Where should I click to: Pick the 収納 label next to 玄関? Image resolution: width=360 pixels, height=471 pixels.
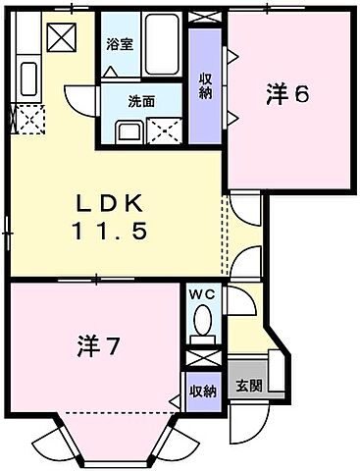pyautogui.click(x=203, y=392)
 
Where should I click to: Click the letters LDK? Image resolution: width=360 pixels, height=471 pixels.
pyautogui.click(x=112, y=205)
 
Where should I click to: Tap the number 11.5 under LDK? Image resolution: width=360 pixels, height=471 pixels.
pyautogui.click(x=112, y=234)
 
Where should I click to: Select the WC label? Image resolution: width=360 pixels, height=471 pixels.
pyautogui.click(x=203, y=294)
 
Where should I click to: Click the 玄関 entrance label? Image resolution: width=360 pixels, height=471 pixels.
pyautogui.click(x=247, y=384)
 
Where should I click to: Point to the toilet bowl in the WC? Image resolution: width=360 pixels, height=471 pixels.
pyautogui.click(x=203, y=320)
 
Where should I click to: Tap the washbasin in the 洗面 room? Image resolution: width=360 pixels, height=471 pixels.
pyautogui.click(x=125, y=131)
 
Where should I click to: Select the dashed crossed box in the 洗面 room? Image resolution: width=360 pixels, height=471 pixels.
pyautogui.click(x=161, y=131)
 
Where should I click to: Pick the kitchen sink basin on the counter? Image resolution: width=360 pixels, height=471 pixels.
pyautogui.click(x=27, y=76)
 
